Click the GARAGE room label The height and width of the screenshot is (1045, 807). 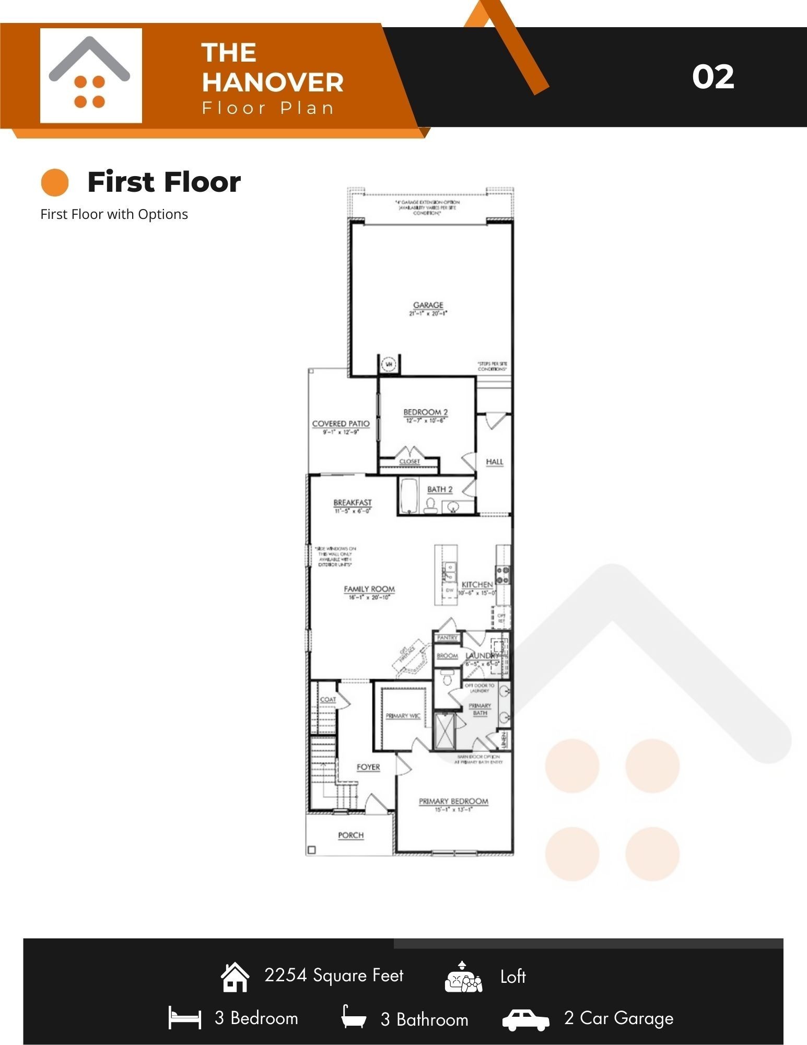[428, 305]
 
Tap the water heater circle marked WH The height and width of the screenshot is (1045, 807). [389, 363]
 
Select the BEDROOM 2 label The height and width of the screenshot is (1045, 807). [425, 412]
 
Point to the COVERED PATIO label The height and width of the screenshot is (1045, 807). [341, 424]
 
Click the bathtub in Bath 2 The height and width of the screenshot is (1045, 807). [408, 496]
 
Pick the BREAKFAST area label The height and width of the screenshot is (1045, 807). [353, 503]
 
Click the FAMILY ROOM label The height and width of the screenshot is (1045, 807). [369, 589]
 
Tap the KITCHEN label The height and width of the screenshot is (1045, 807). [477, 585]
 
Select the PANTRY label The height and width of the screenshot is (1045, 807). [447, 638]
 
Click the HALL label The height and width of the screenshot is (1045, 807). [494, 462]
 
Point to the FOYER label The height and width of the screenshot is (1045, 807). [368, 767]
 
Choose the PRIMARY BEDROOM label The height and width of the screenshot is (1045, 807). [453, 802]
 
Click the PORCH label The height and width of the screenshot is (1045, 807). [350, 835]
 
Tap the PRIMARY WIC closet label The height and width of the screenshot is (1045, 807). [403, 716]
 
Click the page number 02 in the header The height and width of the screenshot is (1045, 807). [713, 77]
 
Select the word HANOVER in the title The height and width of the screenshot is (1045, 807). [273, 82]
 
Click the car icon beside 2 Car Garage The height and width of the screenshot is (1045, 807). [525, 1019]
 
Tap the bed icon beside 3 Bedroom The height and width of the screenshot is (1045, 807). [184, 1018]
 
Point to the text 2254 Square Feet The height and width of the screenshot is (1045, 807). [334, 976]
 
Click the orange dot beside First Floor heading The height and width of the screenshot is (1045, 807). [55, 182]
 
